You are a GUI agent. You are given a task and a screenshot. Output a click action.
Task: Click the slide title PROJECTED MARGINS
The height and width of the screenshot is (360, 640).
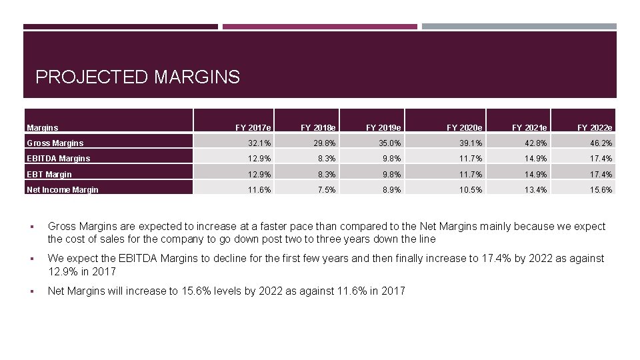click(137, 77)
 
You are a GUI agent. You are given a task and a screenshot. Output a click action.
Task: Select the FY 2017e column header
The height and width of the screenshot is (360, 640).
click(253, 128)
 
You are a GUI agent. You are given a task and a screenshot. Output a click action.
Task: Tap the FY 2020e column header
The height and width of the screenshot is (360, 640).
click(464, 128)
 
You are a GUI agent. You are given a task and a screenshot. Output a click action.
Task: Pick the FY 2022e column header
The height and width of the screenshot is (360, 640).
click(595, 128)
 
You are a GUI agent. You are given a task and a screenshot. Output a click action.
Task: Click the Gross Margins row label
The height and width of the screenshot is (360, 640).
click(55, 143)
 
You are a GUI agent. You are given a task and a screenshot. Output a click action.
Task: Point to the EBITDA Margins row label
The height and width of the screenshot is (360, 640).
click(59, 159)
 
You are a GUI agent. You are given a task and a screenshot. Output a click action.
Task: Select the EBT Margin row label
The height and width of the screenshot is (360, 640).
click(49, 174)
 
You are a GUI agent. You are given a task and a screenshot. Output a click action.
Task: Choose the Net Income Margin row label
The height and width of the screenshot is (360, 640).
click(63, 190)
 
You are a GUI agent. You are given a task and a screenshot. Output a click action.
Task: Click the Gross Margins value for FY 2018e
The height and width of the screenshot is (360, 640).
click(327, 143)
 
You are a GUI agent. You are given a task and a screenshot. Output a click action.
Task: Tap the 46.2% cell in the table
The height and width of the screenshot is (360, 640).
click(601, 143)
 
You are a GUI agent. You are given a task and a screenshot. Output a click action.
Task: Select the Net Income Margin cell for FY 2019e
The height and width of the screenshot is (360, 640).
click(392, 190)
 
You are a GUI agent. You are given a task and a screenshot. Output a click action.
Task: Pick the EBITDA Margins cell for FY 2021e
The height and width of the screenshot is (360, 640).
click(535, 159)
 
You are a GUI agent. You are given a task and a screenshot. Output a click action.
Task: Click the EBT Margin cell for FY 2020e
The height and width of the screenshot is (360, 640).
click(471, 174)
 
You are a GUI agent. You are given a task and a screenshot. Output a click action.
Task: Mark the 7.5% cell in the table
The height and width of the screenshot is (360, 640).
click(327, 190)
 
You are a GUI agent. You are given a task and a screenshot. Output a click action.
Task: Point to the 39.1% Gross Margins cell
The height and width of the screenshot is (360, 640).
click(471, 143)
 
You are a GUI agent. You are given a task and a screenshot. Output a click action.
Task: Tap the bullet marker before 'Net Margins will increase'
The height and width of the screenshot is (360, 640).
click(32, 291)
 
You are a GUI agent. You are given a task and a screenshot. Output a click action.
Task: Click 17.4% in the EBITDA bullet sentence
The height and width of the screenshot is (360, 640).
click(496, 259)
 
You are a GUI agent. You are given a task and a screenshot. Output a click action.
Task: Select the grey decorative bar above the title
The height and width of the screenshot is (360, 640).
click(519, 27)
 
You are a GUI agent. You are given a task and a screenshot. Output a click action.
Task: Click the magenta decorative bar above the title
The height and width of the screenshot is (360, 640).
click(320, 27)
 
